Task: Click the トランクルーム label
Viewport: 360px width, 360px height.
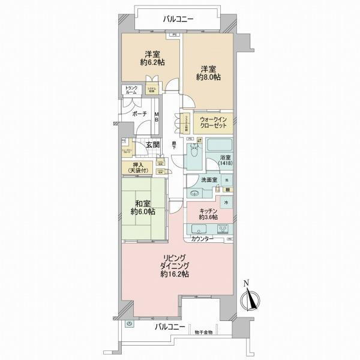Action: [x=131, y=91]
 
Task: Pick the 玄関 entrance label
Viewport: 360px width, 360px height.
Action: [x=152, y=144]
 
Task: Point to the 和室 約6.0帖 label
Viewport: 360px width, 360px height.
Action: [x=144, y=207]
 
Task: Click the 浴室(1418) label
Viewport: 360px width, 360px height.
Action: [x=224, y=160]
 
